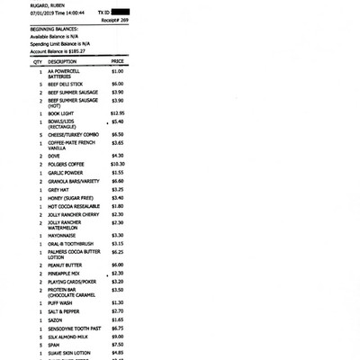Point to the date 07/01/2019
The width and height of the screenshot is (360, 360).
(x=43, y=13)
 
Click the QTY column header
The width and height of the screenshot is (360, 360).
(x=39, y=61)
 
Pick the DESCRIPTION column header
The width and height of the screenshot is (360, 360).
(x=62, y=61)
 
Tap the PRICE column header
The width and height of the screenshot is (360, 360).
(x=117, y=61)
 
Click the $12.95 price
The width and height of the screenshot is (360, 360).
(x=117, y=112)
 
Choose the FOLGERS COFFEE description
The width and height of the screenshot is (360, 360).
(x=67, y=164)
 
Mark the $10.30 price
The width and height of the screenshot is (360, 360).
(x=117, y=164)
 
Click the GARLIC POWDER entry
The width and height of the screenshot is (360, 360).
(x=66, y=173)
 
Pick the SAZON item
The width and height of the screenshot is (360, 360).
(x=55, y=319)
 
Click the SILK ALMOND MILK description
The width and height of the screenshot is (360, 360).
(x=68, y=337)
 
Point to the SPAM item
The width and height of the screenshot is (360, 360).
(x=54, y=345)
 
